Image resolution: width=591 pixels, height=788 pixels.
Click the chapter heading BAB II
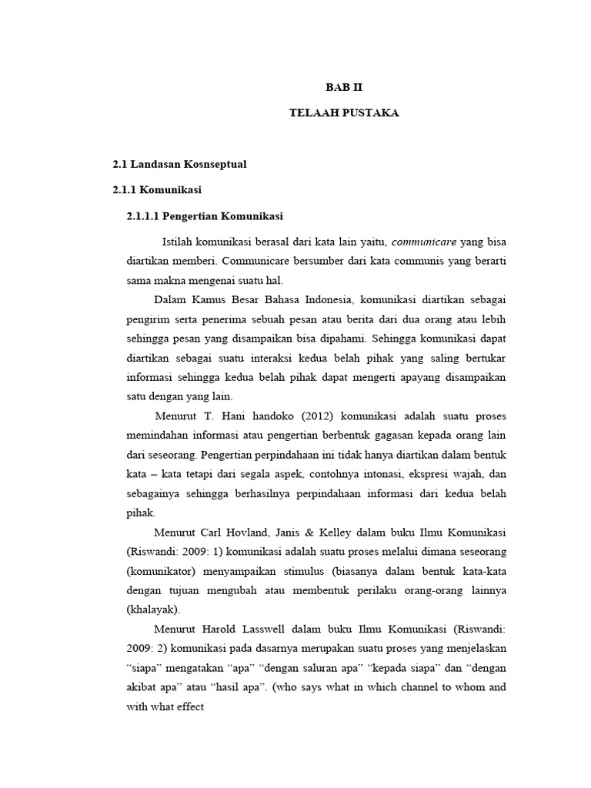tap(344, 88)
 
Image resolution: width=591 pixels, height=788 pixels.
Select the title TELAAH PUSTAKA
tap(344, 113)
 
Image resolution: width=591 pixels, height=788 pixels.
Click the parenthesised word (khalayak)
tap(152, 609)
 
